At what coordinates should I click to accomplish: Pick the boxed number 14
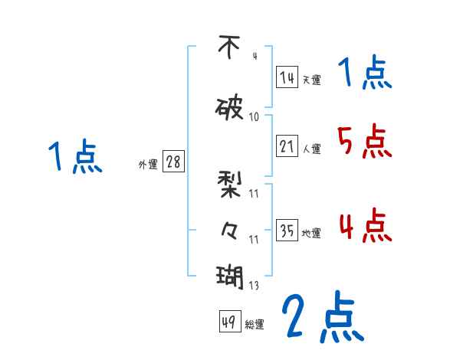coord(287,77)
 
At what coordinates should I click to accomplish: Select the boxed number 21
coord(287,147)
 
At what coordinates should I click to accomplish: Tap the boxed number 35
coord(287,231)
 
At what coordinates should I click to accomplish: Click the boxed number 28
coord(173,162)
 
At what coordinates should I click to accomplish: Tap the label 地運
coord(311,234)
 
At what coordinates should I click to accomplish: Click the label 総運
coord(255,325)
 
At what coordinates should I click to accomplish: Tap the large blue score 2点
coord(323,316)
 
